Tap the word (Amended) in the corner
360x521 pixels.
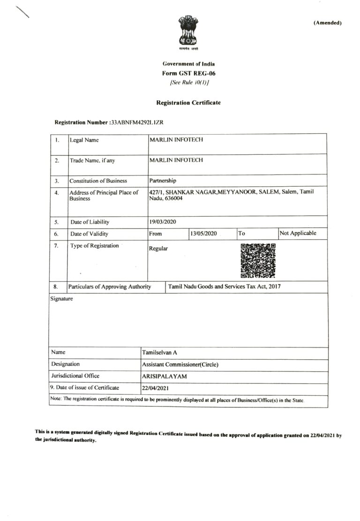(327, 23)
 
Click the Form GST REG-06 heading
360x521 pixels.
(188, 73)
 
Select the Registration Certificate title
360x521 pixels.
(188, 102)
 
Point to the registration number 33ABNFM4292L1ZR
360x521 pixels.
(136, 122)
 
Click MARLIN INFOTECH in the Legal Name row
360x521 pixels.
(176, 140)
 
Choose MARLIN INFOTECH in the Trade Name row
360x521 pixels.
(176, 160)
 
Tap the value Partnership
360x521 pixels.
(163, 181)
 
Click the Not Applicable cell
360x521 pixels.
(298, 233)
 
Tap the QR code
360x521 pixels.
(258, 261)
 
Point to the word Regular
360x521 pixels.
(158, 249)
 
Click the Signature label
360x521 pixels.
(62, 298)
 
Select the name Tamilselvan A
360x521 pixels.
(159, 353)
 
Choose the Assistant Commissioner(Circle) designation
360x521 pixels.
(180, 364)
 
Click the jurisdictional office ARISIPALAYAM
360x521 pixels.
(164, 376)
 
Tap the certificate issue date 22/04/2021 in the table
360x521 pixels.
(155, 388)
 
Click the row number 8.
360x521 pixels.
(56, 287)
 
